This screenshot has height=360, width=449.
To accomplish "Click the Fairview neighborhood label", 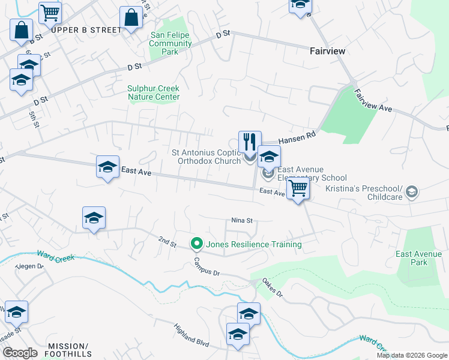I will pyautogui.click(x=327, y=51).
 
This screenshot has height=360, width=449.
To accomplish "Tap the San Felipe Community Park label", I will pyautogui.click(x=170, y=44).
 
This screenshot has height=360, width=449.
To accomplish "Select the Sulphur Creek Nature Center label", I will pyautogui.click(x=153, y=92).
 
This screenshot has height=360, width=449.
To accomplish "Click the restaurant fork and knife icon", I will pyautogui.click(x=250, y=142).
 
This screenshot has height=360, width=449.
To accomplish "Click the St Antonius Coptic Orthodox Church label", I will pyautogui.click(x=206, y=157).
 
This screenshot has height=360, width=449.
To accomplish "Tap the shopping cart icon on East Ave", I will pyautogui.click(x=298, y=188).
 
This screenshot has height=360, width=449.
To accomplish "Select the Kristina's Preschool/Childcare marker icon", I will pyautogui.click(x=411, y=192).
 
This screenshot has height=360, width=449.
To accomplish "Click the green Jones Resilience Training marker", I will pyautogui.click(x=196, y=244).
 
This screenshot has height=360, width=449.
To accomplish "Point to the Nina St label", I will pyautogui.click(x=241, y=221).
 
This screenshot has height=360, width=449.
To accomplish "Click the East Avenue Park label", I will pyautogui.click(x=419, y=258).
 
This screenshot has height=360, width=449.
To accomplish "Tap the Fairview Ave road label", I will pyautogui.click(x=373, y=101).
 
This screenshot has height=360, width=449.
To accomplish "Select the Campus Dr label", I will pyautogui.click(x=207, y=268).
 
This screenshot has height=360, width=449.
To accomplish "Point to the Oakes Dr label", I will pyautogui.click(x=271, y=290).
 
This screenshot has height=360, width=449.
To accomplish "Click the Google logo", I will pyautogui.click(x=19, y=353).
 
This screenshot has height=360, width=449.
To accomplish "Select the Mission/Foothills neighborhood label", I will pyautogui.click(x=68, y=350).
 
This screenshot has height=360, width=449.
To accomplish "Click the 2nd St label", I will pyautogui.click(x=167, y=242).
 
